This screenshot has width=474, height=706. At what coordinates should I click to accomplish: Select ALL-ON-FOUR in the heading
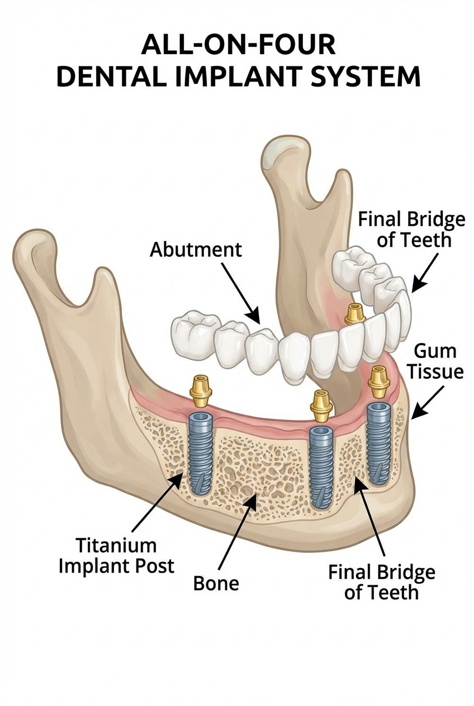[x=238, y=45]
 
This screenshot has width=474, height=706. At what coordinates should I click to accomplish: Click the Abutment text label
[x=196, y=249]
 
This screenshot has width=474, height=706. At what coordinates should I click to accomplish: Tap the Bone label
[x=216, y=583]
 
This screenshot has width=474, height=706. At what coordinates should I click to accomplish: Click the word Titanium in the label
[x=116, y=545]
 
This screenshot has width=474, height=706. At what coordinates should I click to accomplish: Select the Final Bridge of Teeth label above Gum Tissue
[x=411, y=230]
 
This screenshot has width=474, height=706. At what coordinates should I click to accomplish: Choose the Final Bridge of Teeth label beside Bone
[x=381, y=581]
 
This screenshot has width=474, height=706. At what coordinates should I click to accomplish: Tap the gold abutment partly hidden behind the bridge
[x=353, y=314]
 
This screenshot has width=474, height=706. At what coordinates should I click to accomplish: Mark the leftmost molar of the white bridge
[x=192, y=335]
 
